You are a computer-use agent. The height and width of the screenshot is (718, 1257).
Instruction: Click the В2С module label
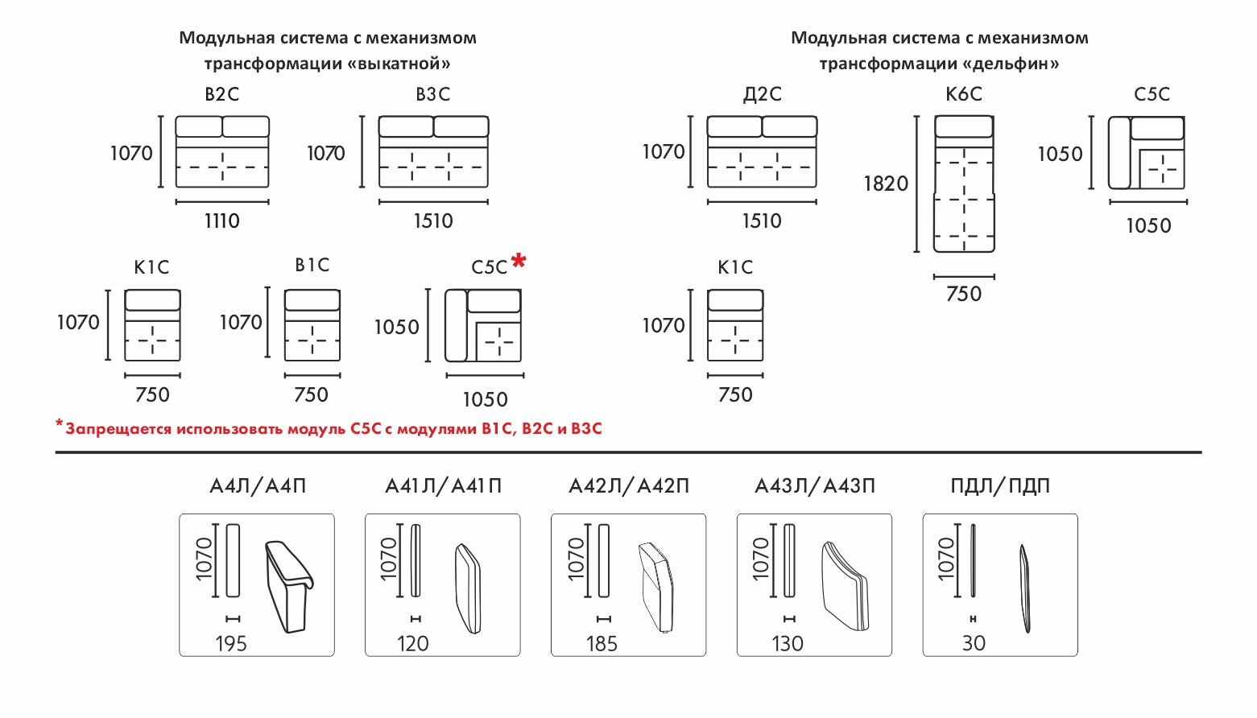pyautogui.click(x=222, y=95)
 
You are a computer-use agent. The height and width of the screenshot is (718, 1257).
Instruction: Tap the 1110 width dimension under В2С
pyautogui.click(x=222, y=221)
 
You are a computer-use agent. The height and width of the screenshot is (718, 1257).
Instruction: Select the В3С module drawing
pyautogui.click(x=433, y=152)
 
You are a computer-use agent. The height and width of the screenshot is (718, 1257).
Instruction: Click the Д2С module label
pyautogui.click(x=762, y=95)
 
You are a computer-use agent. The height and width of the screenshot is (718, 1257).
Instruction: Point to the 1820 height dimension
pyautogui.click(x=886, y=184)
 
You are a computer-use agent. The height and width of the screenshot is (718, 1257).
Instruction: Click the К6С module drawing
pyautogui.click(x=964, y=184)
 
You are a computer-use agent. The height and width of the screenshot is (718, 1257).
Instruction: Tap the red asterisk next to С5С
pyautogui.click(x=519, y=260)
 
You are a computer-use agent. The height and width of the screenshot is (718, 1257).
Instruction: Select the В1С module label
pyautogui.click(x=312, y=266)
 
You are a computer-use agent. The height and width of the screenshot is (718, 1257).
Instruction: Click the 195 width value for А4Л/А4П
pyautogui.click(x=231, y=644)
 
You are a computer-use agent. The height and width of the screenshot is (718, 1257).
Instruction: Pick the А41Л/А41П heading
pyautogui.click(x=443, y=486)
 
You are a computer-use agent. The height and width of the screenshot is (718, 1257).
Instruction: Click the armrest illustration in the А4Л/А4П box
pyautogui.click(x=288, y=585)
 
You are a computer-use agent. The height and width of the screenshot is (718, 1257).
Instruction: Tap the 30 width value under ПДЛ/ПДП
pyautogui.click(x=974, y=643)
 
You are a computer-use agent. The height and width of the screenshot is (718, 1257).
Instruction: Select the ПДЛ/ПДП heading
pyautogui.click(x=1000, y=486)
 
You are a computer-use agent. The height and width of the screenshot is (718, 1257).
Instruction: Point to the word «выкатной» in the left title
pyautogui.click(x=399, y=64)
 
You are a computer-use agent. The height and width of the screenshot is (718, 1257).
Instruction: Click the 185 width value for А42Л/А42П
pyautogui.click(x=602, y=644)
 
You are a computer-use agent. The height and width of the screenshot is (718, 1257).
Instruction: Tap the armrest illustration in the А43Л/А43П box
pyautogui.click(x=845, y=586)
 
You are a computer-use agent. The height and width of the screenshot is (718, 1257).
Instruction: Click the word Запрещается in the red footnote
pyautogui.click(x=118, y=429)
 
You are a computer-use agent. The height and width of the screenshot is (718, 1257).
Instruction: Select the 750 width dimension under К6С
pyautogui.click(x=964, y=294)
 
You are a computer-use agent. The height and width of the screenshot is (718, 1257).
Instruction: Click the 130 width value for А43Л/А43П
pyautogui.click(x=788, y=644)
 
